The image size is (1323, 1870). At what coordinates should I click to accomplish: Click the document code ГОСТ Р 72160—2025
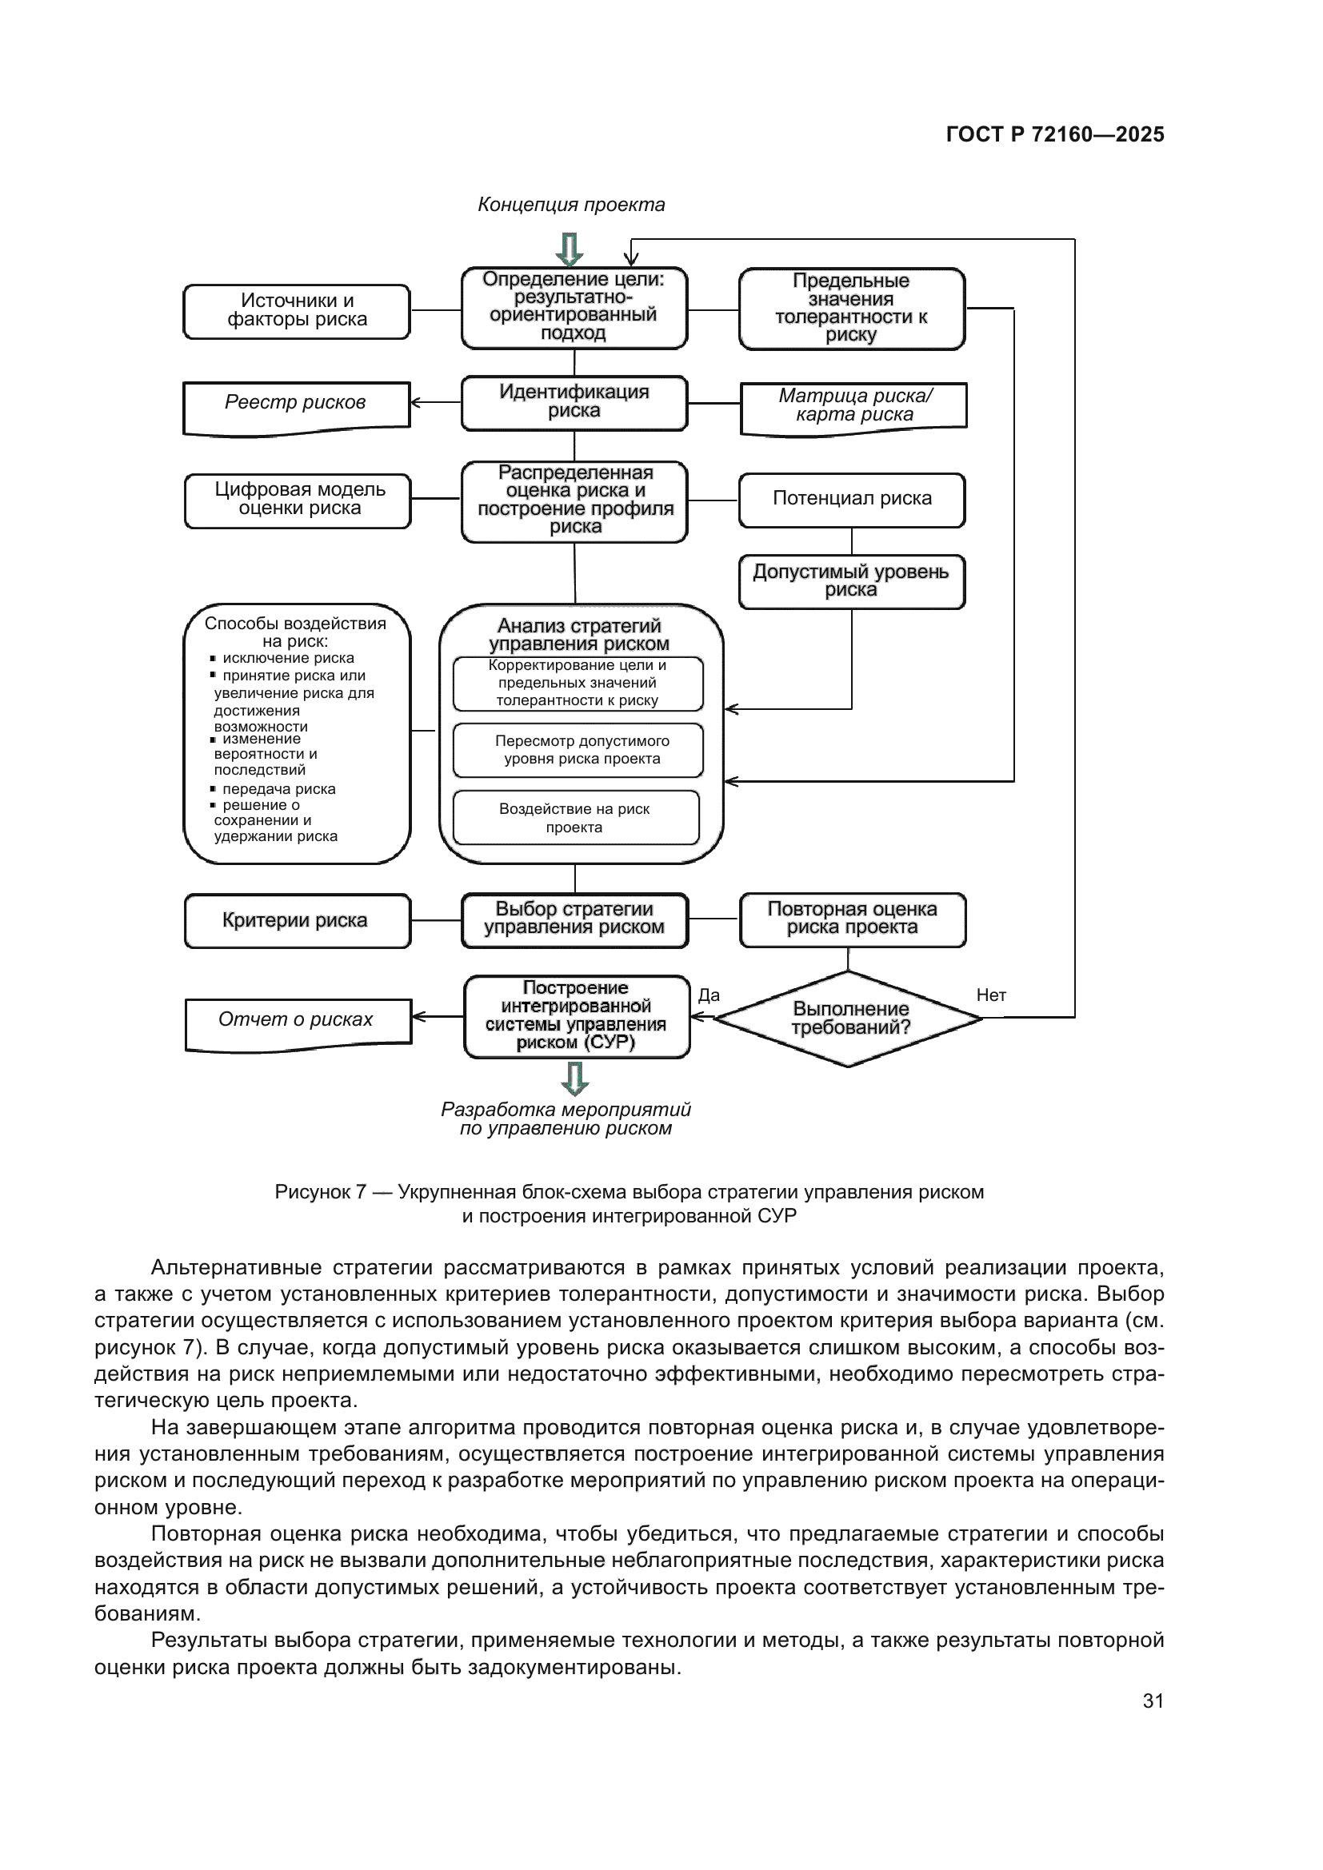tap(1054, 134)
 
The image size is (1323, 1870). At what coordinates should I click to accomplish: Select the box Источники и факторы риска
tap(297, 311)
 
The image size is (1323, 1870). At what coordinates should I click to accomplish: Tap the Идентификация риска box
tap(574, 402)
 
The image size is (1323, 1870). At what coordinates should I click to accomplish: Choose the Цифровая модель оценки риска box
tap(298, 500)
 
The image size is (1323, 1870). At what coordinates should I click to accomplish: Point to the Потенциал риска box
tap(851, 499)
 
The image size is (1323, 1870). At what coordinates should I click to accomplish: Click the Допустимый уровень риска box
tap(851, 581)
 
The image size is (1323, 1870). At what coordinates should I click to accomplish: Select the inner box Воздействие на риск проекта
tap(575, 818)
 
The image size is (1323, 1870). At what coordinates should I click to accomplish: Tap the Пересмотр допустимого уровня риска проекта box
tap(578, 750)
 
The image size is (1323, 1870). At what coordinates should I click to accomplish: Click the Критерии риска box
tap(298, 920)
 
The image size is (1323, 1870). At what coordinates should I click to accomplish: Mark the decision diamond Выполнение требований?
tap(849, 1018)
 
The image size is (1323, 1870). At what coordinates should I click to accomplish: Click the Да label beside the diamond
tap(708, 995)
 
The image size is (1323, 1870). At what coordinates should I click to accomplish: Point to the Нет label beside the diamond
tap(990, 995)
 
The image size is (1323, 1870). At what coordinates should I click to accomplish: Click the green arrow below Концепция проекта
tap(570, 249)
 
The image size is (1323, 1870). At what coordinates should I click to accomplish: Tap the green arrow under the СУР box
tap(575, 1079)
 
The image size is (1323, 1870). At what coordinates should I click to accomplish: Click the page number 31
tap(1152, 1701)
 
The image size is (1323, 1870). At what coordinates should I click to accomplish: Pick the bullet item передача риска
tap(278, 789)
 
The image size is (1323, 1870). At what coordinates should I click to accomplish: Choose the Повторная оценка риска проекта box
tap(852, 919)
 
